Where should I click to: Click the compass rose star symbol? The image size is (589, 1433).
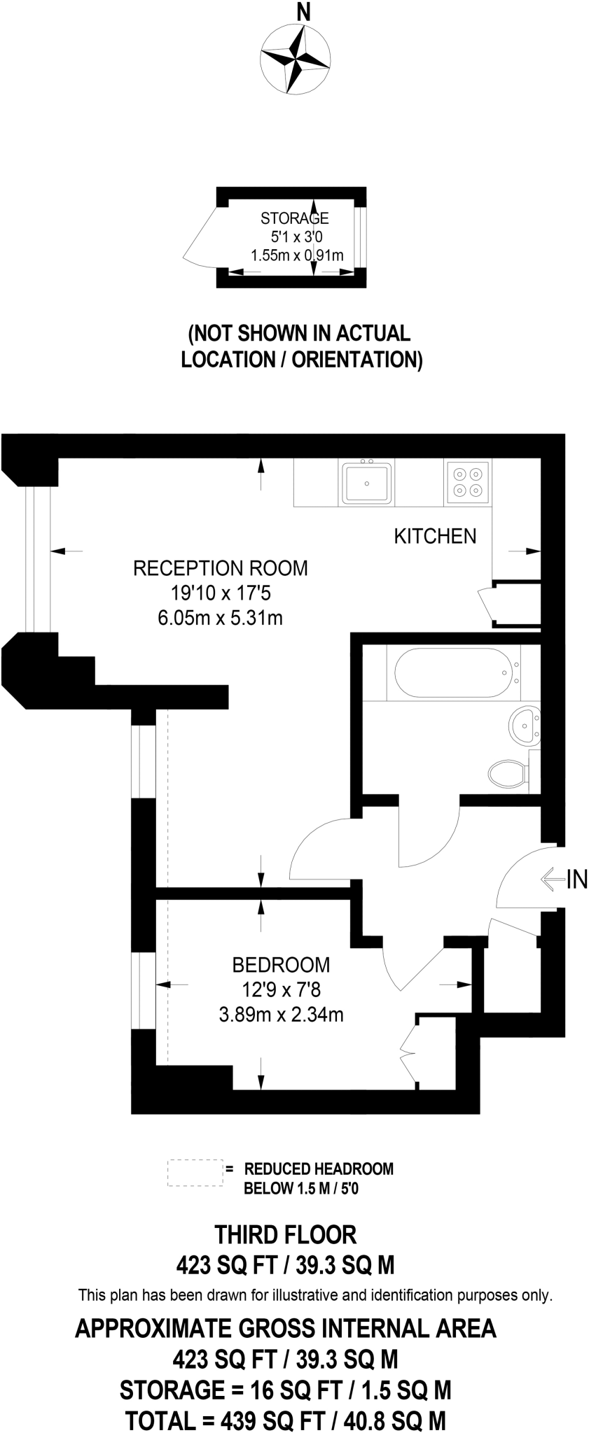[x=294, y=59]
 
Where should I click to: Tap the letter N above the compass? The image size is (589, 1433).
[x=303, y=12]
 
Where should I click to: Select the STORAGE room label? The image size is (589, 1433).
[x=295, y=218]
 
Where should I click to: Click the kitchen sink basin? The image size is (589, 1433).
[x=367, y=482]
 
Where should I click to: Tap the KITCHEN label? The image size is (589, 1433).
[x=435, y=537]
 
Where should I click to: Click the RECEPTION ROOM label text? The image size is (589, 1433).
[x=221, y=567]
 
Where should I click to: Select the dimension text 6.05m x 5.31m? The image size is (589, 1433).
[x=221, y=618]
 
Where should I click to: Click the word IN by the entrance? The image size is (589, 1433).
[x=576, y=880]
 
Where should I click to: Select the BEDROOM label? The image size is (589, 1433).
[x=281, y=965]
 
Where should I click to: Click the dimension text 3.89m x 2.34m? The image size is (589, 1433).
[x=281, y=1014]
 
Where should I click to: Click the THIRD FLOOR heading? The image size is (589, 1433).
[x=286, y=1235]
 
